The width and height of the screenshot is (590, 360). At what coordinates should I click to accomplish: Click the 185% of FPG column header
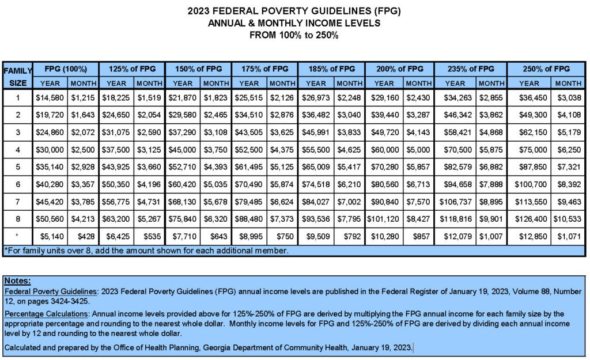pos(331,69)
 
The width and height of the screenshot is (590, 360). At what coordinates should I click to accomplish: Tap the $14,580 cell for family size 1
pos(50,98)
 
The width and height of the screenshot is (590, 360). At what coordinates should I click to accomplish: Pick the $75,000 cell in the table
pos(533,150)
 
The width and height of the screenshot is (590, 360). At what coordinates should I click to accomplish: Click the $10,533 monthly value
pos(567,219)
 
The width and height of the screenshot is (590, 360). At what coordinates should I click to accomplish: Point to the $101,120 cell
pos(383,219)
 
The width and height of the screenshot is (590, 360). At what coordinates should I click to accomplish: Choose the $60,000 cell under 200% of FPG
pos(385,150)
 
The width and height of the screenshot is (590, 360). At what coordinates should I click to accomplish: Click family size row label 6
pos(18,184)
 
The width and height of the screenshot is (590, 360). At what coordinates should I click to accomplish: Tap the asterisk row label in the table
pos(17,236)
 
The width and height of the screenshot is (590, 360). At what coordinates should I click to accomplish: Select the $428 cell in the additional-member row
pos(86,236)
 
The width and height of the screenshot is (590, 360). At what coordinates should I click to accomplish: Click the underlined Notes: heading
pos(17,281)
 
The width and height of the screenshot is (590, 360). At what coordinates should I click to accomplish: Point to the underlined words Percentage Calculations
pos(46,314)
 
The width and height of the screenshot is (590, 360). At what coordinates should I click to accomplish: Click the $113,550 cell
pos(531,202)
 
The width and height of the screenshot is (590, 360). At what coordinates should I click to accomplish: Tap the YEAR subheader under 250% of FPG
pos(529,83)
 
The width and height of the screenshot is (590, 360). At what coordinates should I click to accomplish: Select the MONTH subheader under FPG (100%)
pos(84,83)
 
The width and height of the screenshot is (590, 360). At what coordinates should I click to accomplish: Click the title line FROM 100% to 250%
pos(294,35)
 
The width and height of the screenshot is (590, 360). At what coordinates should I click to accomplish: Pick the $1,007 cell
pos(491,236)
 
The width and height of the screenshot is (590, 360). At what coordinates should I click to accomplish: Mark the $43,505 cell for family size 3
pos(249,132)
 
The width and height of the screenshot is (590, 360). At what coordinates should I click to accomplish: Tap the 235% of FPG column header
pos(471,69)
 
